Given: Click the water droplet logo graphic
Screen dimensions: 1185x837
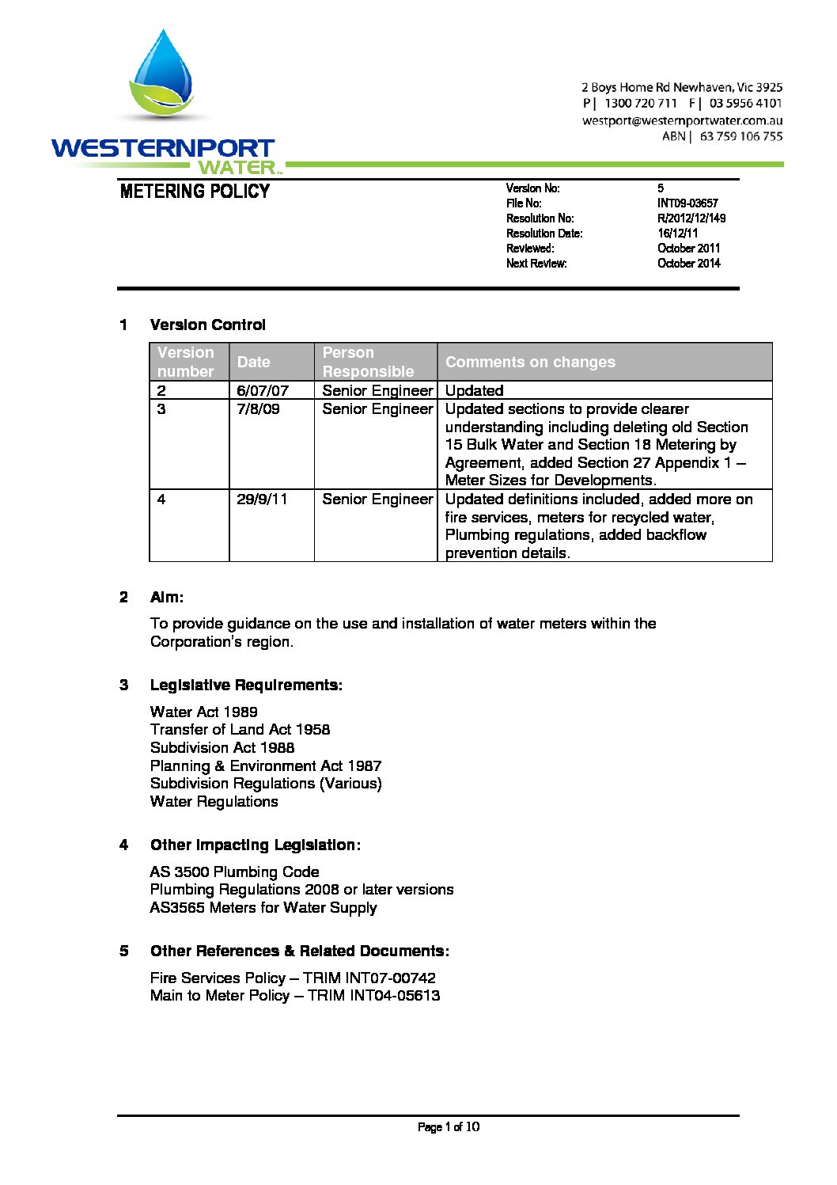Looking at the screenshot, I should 163,75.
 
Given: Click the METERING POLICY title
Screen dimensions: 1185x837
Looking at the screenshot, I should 195,192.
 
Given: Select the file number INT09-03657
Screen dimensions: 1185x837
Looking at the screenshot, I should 687,203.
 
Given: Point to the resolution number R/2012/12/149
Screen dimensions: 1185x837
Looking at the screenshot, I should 691,218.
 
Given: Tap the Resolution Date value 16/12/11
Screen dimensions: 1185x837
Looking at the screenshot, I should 677,234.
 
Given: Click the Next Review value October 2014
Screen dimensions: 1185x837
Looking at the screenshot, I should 688,264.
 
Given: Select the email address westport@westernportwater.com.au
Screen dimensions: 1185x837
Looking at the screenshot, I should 682,120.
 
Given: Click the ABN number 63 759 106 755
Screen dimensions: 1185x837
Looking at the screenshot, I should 740,136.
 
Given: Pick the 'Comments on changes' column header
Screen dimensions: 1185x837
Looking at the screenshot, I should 530,362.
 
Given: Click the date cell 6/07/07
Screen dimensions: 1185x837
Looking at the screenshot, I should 263,390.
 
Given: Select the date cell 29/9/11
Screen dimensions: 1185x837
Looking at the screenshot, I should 262,499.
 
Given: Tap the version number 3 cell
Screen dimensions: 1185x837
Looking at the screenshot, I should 162,409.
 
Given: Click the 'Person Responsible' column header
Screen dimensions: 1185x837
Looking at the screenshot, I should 368,362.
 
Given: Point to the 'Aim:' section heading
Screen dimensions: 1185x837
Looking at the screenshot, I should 167,598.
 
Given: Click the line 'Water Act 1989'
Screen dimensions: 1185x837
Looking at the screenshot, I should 204,712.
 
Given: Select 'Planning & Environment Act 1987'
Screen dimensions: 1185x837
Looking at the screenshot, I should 266,765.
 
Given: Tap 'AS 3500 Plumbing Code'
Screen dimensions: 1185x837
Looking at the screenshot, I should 234,872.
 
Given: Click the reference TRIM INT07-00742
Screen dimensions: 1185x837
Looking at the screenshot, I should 369,978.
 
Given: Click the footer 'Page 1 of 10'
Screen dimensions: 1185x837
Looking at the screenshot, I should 448,1127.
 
